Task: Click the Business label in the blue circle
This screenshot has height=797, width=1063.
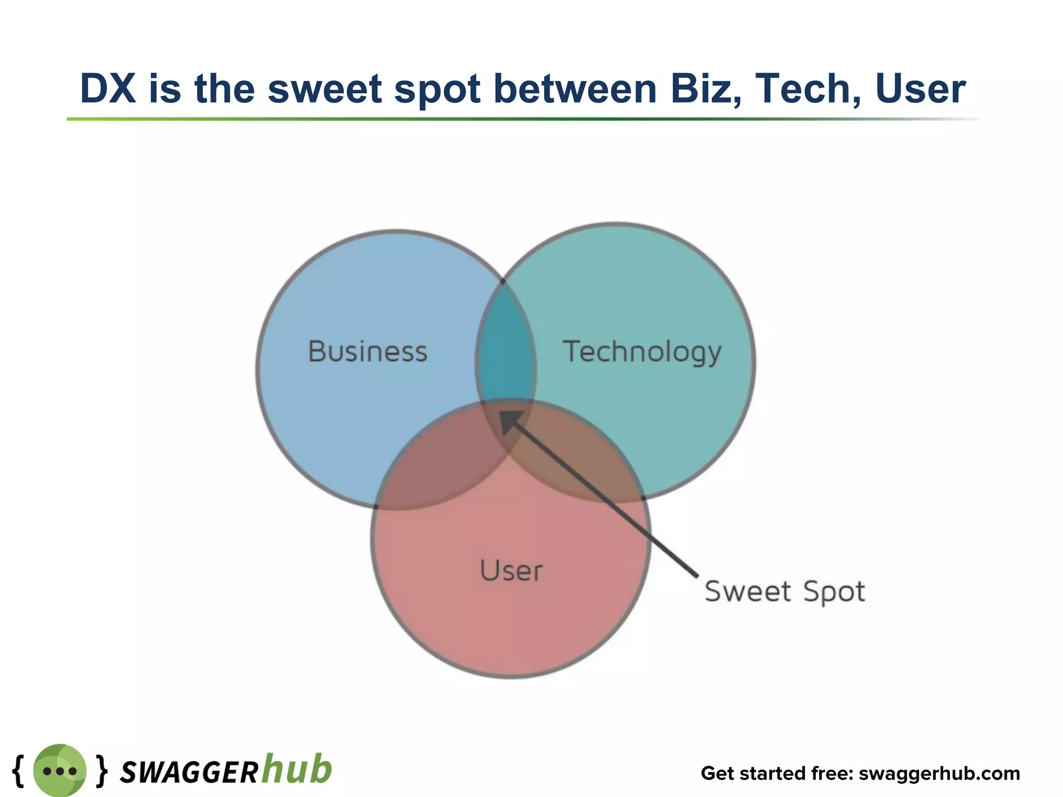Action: (367, 351)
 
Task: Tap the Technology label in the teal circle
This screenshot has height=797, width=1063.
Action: (642, 352)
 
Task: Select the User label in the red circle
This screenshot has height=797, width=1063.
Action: (511, 571)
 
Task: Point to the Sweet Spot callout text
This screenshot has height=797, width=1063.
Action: (785, 592)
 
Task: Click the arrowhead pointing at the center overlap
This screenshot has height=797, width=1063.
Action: (509, 420)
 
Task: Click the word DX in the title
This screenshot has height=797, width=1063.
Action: (108, 89)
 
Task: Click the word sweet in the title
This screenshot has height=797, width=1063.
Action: (325, 89)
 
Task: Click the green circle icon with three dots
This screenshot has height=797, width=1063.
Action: (60, 771)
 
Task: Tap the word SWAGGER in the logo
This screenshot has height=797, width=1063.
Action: (188, 773)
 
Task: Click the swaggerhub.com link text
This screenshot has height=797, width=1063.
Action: (939, 773)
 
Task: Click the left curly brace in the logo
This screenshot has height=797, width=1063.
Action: (18, 771)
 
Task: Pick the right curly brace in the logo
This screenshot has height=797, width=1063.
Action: (102, 771)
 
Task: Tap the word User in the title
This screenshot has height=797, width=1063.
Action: (920, 89)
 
